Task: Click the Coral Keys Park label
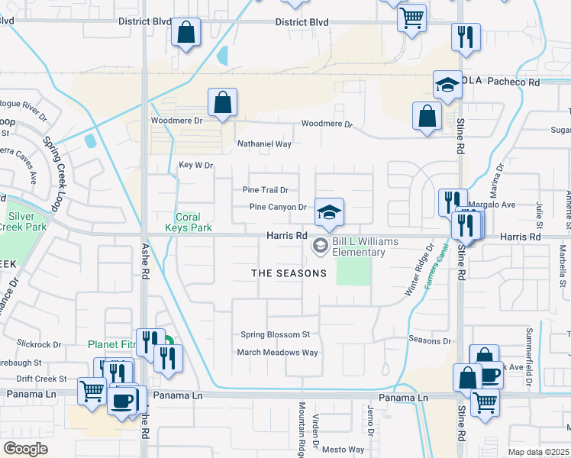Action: [x=189, y=222]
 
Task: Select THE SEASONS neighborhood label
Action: [x=289, y=273]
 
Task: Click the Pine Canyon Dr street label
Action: [x=278, y=207]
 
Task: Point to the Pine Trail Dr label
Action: [x=265, y=190]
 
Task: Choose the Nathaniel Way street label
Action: [x=265, y=144]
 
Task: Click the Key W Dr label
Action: [x=195, y=165]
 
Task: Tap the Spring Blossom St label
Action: [x=275, y=334]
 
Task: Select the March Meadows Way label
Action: [x=277, y=353]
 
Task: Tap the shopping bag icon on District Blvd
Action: [x=185, y=33]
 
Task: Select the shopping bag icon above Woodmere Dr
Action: [x=222, y=102]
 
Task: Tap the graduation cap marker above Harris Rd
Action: [x=329, y=211]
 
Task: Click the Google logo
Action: [x=26, y=449]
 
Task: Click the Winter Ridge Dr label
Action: [x=419, y=269]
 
